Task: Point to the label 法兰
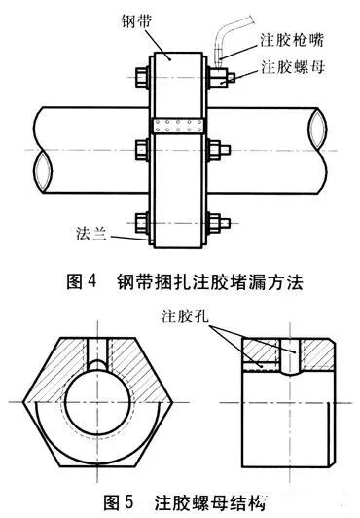tap(90, 233)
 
